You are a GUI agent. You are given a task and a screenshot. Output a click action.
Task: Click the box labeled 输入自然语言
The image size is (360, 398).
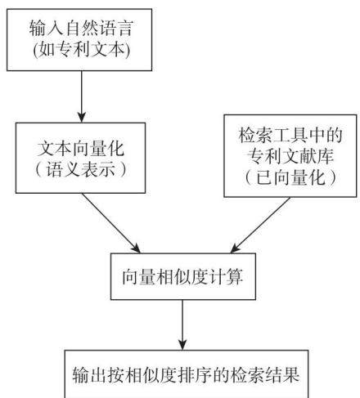(79, 40)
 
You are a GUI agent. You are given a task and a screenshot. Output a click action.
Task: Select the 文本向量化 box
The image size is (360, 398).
(80, 158)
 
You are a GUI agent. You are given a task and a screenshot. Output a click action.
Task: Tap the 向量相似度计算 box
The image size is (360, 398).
(183, 276)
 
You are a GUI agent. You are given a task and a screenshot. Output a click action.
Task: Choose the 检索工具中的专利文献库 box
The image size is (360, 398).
(290, 156)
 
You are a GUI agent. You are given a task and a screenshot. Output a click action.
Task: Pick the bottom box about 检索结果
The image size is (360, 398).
(187, 373)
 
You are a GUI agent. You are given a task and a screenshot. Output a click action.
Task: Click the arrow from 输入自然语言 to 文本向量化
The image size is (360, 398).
(81, 96)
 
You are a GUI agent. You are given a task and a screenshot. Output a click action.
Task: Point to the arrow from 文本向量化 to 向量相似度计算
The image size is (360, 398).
(111, 223)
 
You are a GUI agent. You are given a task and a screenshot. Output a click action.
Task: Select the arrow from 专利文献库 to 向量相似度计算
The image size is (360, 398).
(260, 226)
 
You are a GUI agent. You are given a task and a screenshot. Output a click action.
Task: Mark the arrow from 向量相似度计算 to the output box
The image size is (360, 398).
(182, 324)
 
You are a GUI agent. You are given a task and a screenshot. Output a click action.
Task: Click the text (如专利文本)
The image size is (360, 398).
(81, 50)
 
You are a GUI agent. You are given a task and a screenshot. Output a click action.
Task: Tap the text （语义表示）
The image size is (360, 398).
(81, 169)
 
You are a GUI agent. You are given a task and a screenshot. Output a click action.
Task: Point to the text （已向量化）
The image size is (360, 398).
(290, 177)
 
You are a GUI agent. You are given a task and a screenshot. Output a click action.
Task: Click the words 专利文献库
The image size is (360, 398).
(290, 156)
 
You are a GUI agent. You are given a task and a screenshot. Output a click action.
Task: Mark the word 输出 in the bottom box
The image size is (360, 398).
(90, 374)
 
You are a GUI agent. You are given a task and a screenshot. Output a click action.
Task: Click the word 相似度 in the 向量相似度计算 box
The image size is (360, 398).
(182, 277)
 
